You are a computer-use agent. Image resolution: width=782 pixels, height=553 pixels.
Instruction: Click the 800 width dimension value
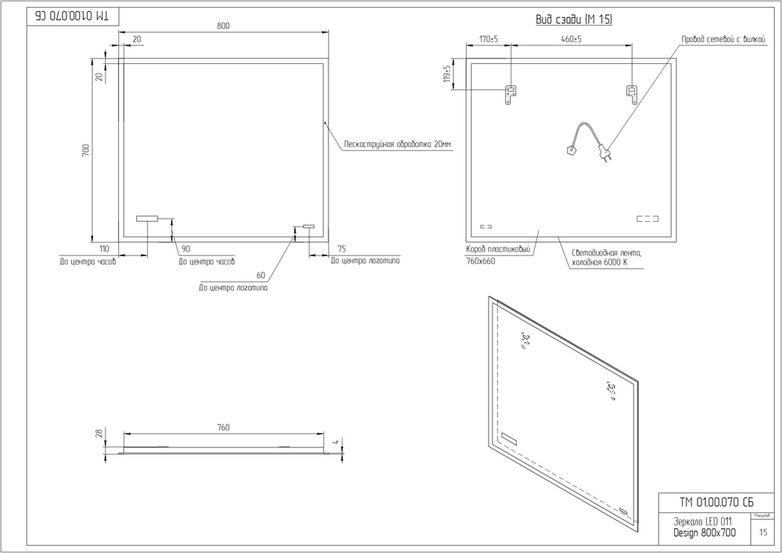(223, 26)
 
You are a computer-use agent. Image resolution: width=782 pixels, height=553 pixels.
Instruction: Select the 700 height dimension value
(87, 150)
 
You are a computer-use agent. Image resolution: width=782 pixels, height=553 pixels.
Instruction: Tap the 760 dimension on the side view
(223, 427)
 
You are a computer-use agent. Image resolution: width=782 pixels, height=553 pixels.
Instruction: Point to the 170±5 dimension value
(489, 39)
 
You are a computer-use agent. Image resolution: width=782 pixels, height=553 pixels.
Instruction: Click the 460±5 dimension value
(571, 39)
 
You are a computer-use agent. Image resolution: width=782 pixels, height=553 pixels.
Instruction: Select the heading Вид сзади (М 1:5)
(574, 20)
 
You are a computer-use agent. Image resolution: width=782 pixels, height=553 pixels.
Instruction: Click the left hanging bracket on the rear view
(510, 95)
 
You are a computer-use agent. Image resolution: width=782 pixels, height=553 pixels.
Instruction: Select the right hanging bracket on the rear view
(631, 95)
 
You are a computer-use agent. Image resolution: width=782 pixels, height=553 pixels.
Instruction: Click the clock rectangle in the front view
(146, 219)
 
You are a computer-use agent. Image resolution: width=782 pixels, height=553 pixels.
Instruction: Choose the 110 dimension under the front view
(103, 248)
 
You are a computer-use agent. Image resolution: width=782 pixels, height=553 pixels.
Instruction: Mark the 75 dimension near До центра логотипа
(342, 248)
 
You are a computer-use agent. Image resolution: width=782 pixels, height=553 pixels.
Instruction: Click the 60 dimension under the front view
(260, 275)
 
